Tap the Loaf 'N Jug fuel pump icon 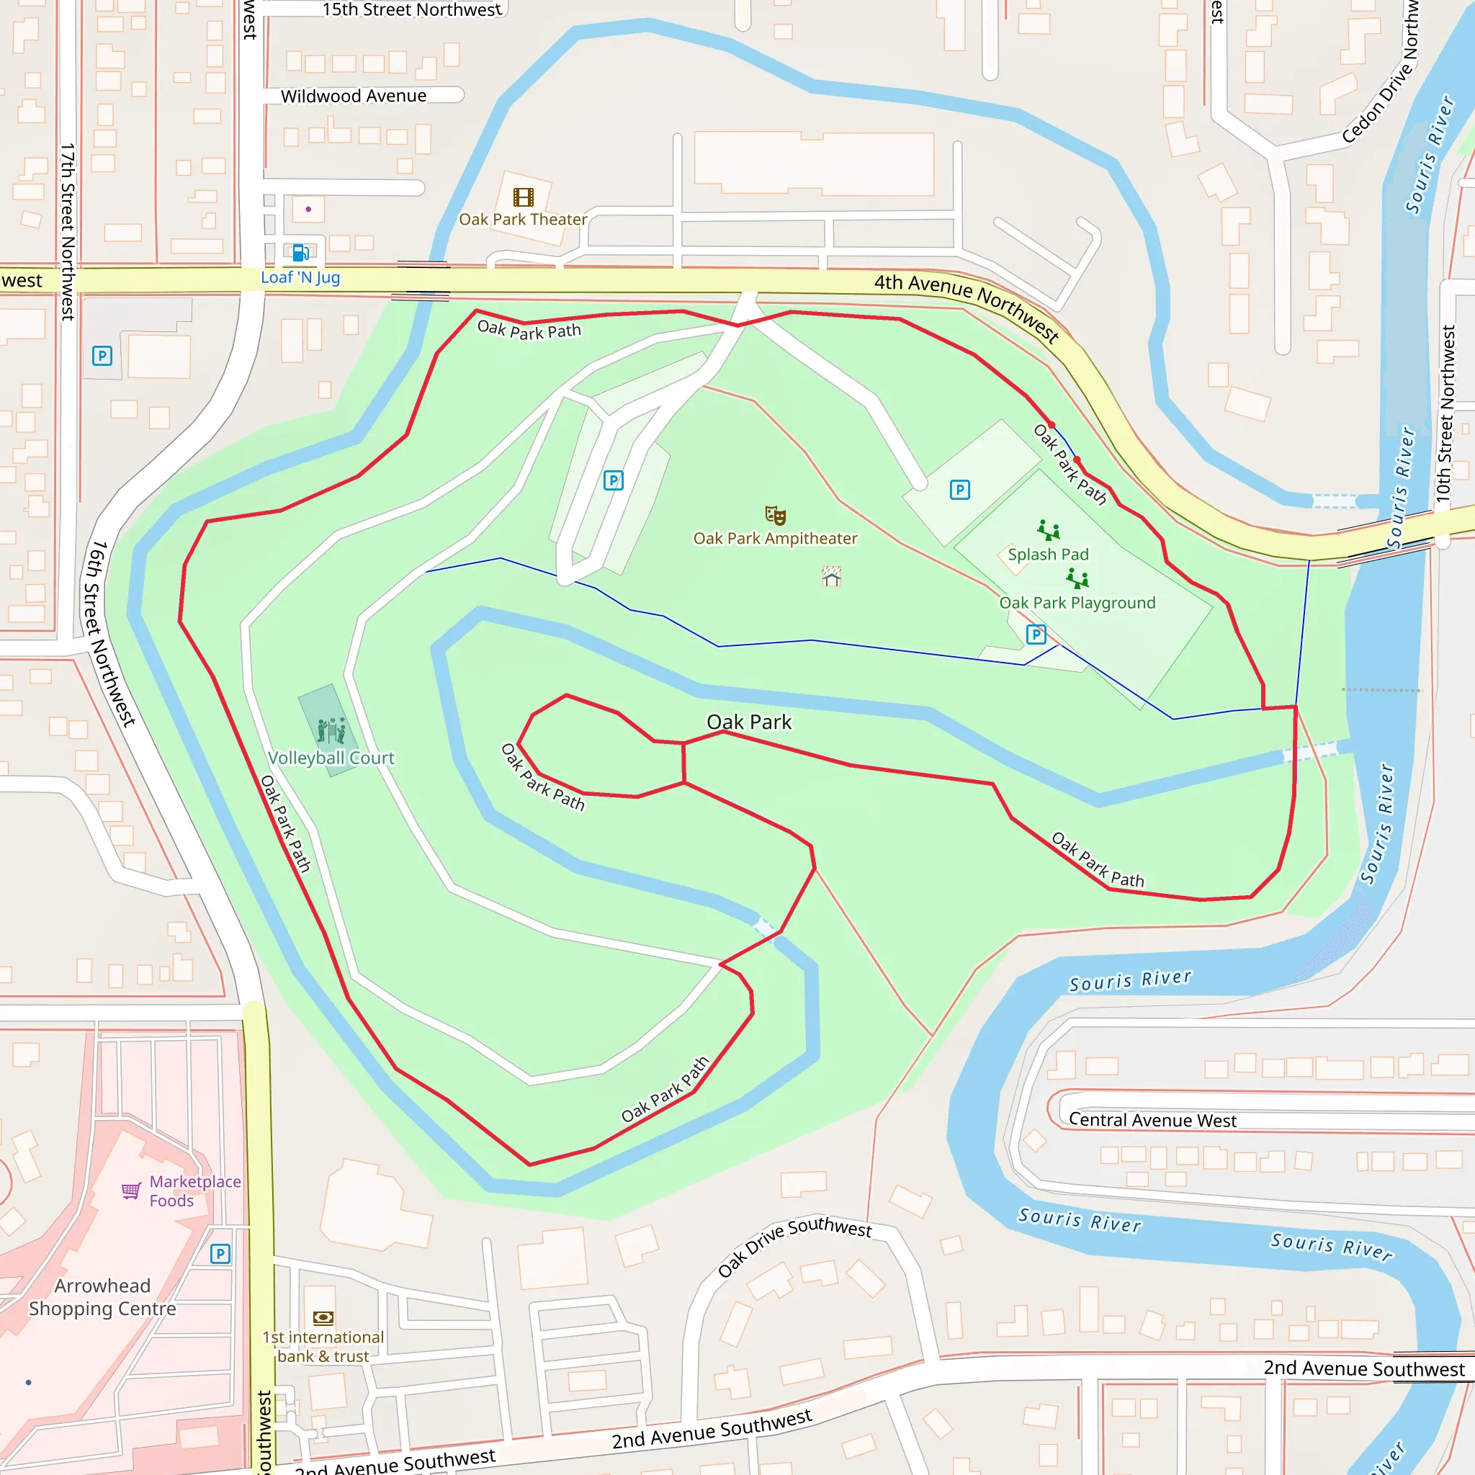tap(301, 253)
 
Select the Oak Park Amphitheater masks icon tap(776, 516)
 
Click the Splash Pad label tap(1048, 555)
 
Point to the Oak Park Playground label tap(1077, 603)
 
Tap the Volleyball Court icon tap(331, 730)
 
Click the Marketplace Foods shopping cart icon tap(131, 1191)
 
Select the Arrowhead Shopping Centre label tap(102, 1297)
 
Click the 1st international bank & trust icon tap(323, 1318)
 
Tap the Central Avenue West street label tap(1152, 1120)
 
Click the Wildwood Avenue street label tap(354, 97)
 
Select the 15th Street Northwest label tap(411, 10)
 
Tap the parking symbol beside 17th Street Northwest tap(102, 356)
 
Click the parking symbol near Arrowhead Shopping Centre tap(220, 1254)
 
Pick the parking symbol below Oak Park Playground tap(1036, 635)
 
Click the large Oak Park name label tap(749, 722)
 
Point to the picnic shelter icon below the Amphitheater tap(831, 576)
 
